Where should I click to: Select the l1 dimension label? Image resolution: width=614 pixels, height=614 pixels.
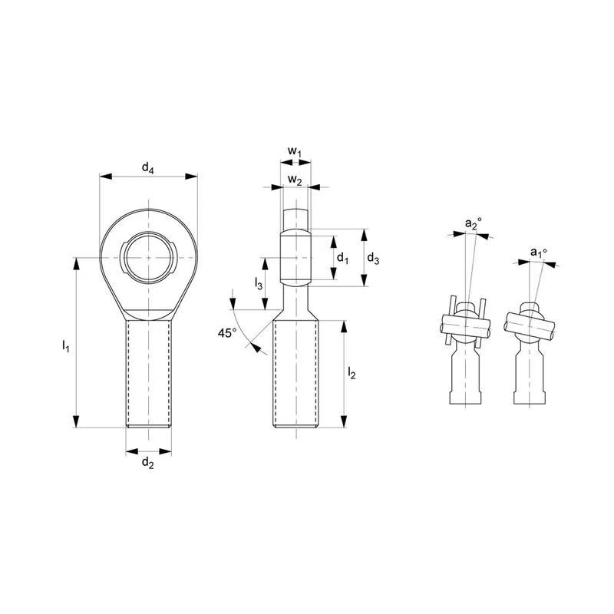click(66, 347)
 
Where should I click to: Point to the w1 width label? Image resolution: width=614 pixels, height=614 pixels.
click(295, 152)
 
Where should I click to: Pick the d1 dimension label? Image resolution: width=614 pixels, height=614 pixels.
click(342, 259)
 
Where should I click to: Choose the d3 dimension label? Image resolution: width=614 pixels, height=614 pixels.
click(373, 259)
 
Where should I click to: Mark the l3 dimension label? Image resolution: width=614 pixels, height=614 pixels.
click(259, 283)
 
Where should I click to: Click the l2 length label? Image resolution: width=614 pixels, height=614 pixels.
click(352, 373)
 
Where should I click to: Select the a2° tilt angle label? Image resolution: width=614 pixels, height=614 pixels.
click(474, 224)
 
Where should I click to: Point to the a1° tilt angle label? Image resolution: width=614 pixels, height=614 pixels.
click(539, 252)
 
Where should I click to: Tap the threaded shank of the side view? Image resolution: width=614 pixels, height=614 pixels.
click(295, 376)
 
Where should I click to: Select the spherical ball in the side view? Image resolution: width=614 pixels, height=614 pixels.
click(295, 257)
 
